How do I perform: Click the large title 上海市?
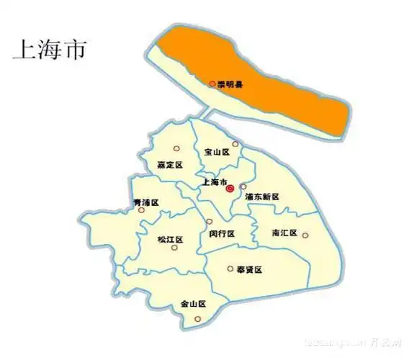pos(49,50)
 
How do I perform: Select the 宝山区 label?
pos(217,152)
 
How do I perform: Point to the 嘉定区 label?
pos(170,165)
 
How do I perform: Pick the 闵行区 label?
pos(223,233)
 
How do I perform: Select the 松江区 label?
pos(171,239)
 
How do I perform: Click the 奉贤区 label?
pos(249,269)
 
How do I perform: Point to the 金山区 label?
pos(194,305)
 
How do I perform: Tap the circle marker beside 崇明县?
pos(212,84)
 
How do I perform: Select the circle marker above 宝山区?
pos(235,143)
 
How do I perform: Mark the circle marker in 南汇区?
pos(305,235)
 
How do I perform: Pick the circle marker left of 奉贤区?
pos(230,269)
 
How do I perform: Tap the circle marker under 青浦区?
pos(142,211)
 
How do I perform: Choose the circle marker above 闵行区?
pos(210,221)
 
